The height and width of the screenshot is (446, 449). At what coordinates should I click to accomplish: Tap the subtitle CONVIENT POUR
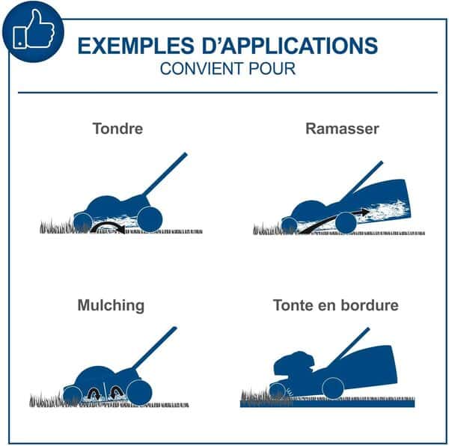point(227,70)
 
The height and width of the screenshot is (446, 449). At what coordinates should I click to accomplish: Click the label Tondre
point(117,128)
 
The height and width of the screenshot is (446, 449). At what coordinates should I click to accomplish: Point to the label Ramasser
point(343,128)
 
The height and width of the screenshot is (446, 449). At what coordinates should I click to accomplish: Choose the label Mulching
point(111,305)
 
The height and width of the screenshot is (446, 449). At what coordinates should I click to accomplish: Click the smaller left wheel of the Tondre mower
point(82,222)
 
